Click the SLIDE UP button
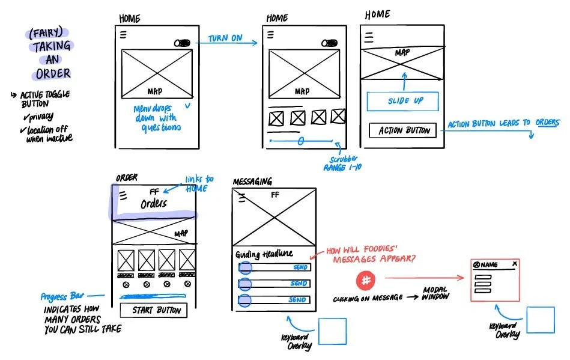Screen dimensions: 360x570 coord(402,101)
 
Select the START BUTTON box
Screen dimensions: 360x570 coord(153,310)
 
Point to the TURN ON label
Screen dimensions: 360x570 coord(225,38)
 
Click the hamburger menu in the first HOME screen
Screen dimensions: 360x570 coord(123,35)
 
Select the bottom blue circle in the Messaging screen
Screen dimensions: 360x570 coord(245,299)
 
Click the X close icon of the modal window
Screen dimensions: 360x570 coord(514,264)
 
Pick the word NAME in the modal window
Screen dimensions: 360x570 coord(490,264)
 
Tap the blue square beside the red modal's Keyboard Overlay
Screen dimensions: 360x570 coord(540,319)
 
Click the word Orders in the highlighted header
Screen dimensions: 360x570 coord(154,204)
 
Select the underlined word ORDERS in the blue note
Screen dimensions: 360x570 coord(547,123)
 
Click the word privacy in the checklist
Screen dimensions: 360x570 coord(40,117)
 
